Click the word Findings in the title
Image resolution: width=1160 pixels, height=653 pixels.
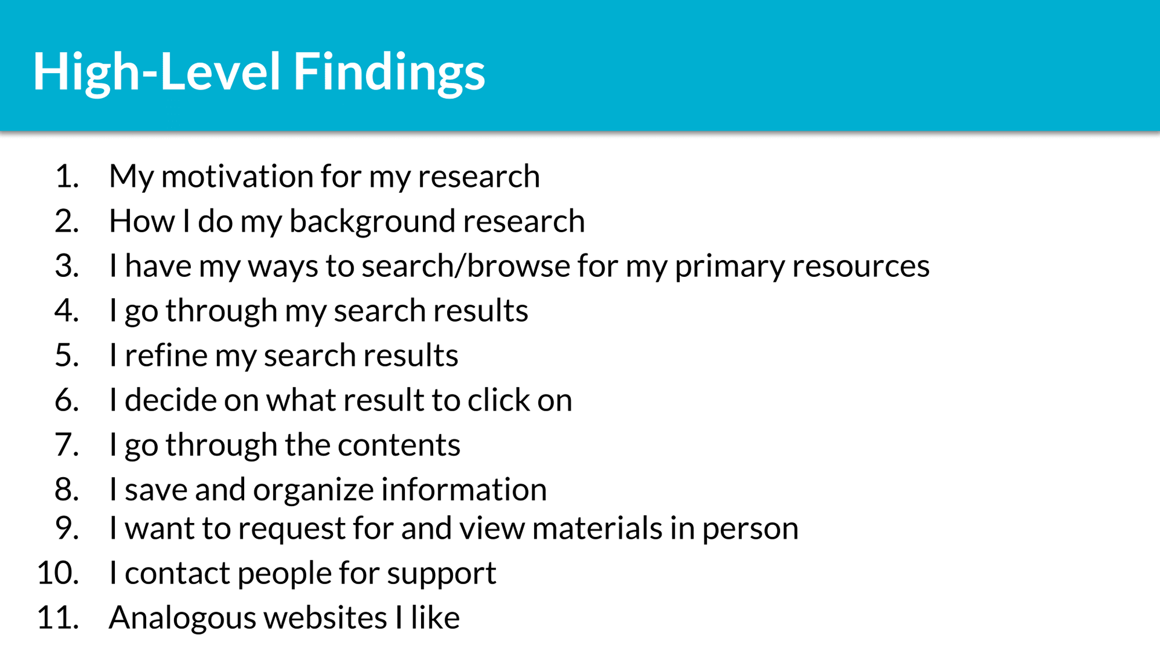389,73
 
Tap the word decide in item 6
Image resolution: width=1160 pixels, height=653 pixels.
170,400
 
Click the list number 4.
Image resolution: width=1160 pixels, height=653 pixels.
66,310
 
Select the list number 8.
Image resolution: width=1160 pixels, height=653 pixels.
66,489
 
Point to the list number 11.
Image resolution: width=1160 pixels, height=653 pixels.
58,618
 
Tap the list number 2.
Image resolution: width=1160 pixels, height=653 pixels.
66,221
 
